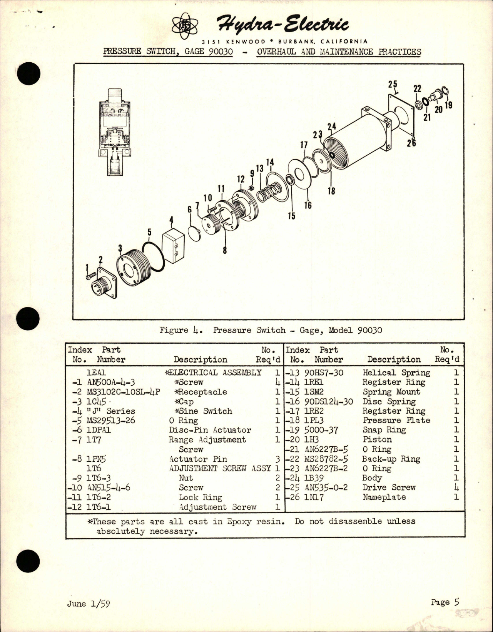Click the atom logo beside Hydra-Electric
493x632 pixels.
tap(185, 26)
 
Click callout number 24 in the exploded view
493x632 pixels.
tap(331, 126)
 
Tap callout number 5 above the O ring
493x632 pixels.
tap(149, 232)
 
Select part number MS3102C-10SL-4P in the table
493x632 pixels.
tap(124, 392)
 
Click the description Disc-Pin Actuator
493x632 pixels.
tap(210, 430)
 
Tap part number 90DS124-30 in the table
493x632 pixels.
tap(328, 401)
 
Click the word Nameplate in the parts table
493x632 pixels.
tap(384, 497)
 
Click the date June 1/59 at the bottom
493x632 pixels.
tap(89, 604)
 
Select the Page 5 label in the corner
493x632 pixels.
tap(445, 602)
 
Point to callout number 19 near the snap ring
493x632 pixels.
tap(448, 105)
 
